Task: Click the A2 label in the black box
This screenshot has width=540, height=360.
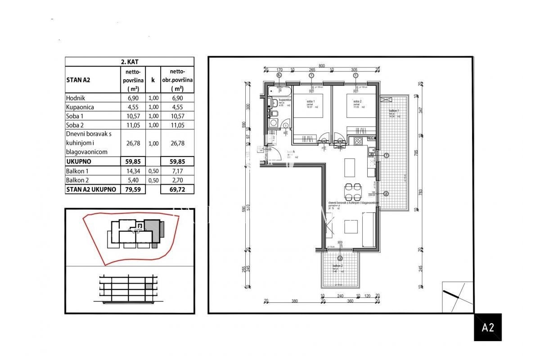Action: (x=488, y=327)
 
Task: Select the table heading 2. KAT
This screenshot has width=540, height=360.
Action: (x=129, y=62)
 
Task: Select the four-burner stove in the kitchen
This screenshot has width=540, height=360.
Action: (x=359, y=141)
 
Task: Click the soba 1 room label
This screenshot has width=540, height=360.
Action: (x=310, y=102)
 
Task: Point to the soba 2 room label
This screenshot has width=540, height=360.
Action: (x=351, y=102)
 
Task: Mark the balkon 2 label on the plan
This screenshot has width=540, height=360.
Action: (x=338, y=267)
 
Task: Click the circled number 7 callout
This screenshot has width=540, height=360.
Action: (x=386, y=155)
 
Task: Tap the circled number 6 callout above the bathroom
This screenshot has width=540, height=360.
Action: (x=279, y=76)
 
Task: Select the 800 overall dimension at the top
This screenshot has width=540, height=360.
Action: (x=321, y=66)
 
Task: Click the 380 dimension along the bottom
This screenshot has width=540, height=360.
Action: (x=295, y=302)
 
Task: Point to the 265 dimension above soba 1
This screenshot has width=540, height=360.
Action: (x=311, y=70)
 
